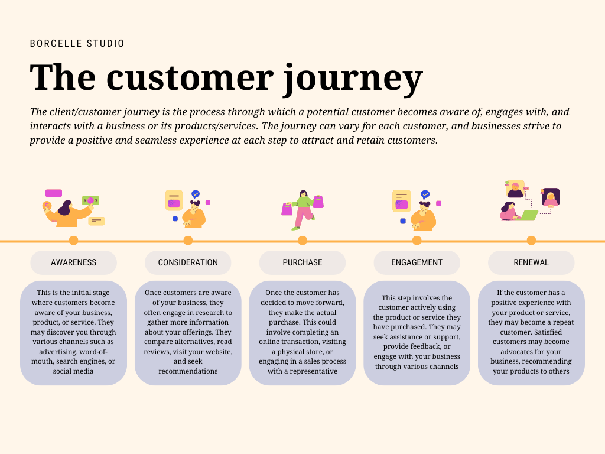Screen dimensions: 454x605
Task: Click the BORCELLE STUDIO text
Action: (77, 44)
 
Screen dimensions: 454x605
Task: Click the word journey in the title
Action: (353, 78)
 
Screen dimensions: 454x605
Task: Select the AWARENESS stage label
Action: (73, 262)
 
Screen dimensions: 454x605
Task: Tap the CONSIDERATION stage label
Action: (188, 262)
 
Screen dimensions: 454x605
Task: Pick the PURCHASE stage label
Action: (302, 262)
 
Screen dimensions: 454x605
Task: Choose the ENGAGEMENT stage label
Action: (417, 262)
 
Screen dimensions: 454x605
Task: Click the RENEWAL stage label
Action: (531, 262)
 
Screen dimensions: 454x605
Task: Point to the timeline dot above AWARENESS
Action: (73, 241)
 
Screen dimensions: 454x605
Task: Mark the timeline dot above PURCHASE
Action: (302, 241)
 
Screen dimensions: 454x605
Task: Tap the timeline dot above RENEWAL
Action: (531, 241)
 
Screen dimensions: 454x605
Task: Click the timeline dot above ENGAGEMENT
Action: (417, 241)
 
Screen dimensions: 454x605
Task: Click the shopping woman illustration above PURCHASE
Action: (303, 210)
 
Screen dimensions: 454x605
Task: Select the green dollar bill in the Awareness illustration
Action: (90, 201)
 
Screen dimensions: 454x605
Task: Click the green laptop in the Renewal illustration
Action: (527, 215)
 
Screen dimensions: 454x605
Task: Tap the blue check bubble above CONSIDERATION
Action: (196, 194)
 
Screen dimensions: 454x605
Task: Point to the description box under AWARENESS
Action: (73, 333)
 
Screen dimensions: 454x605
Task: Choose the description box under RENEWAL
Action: (531, 333)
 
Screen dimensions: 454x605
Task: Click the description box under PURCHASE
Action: (302, 333)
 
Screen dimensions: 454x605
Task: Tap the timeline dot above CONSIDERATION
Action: (188, 241)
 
